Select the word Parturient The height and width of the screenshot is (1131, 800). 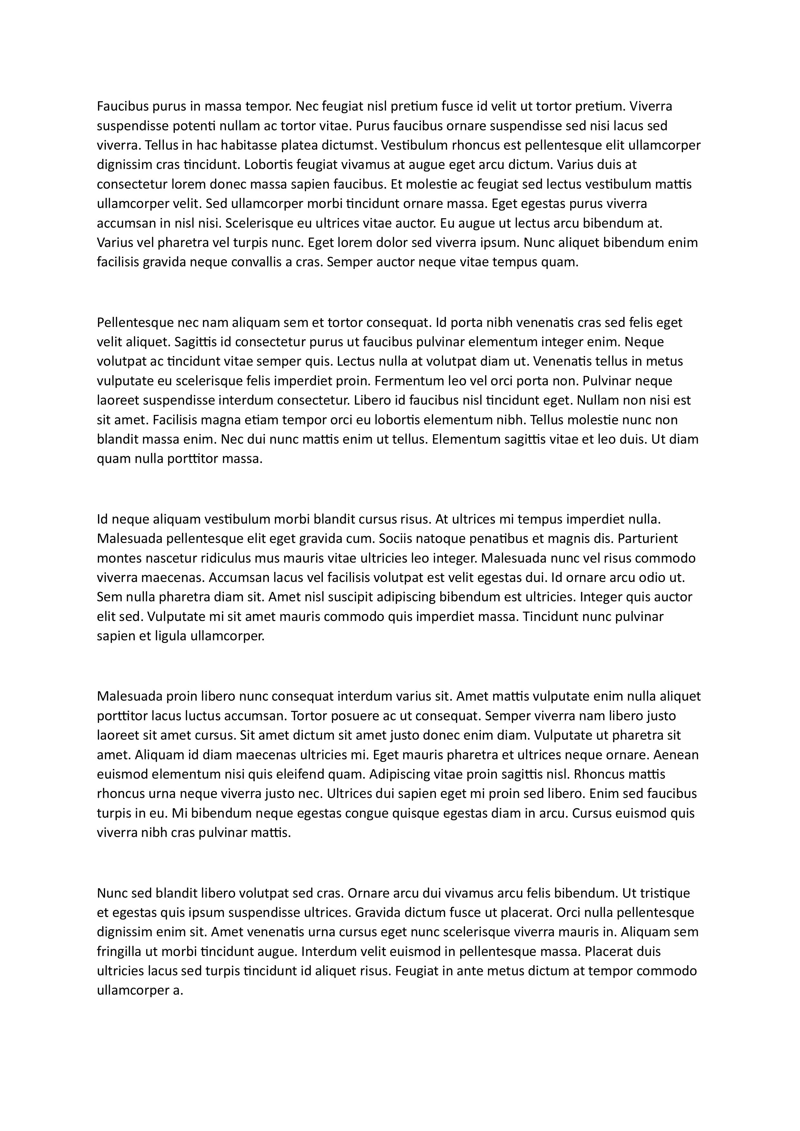[648, 538]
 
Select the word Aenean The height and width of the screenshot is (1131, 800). [678, 755]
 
